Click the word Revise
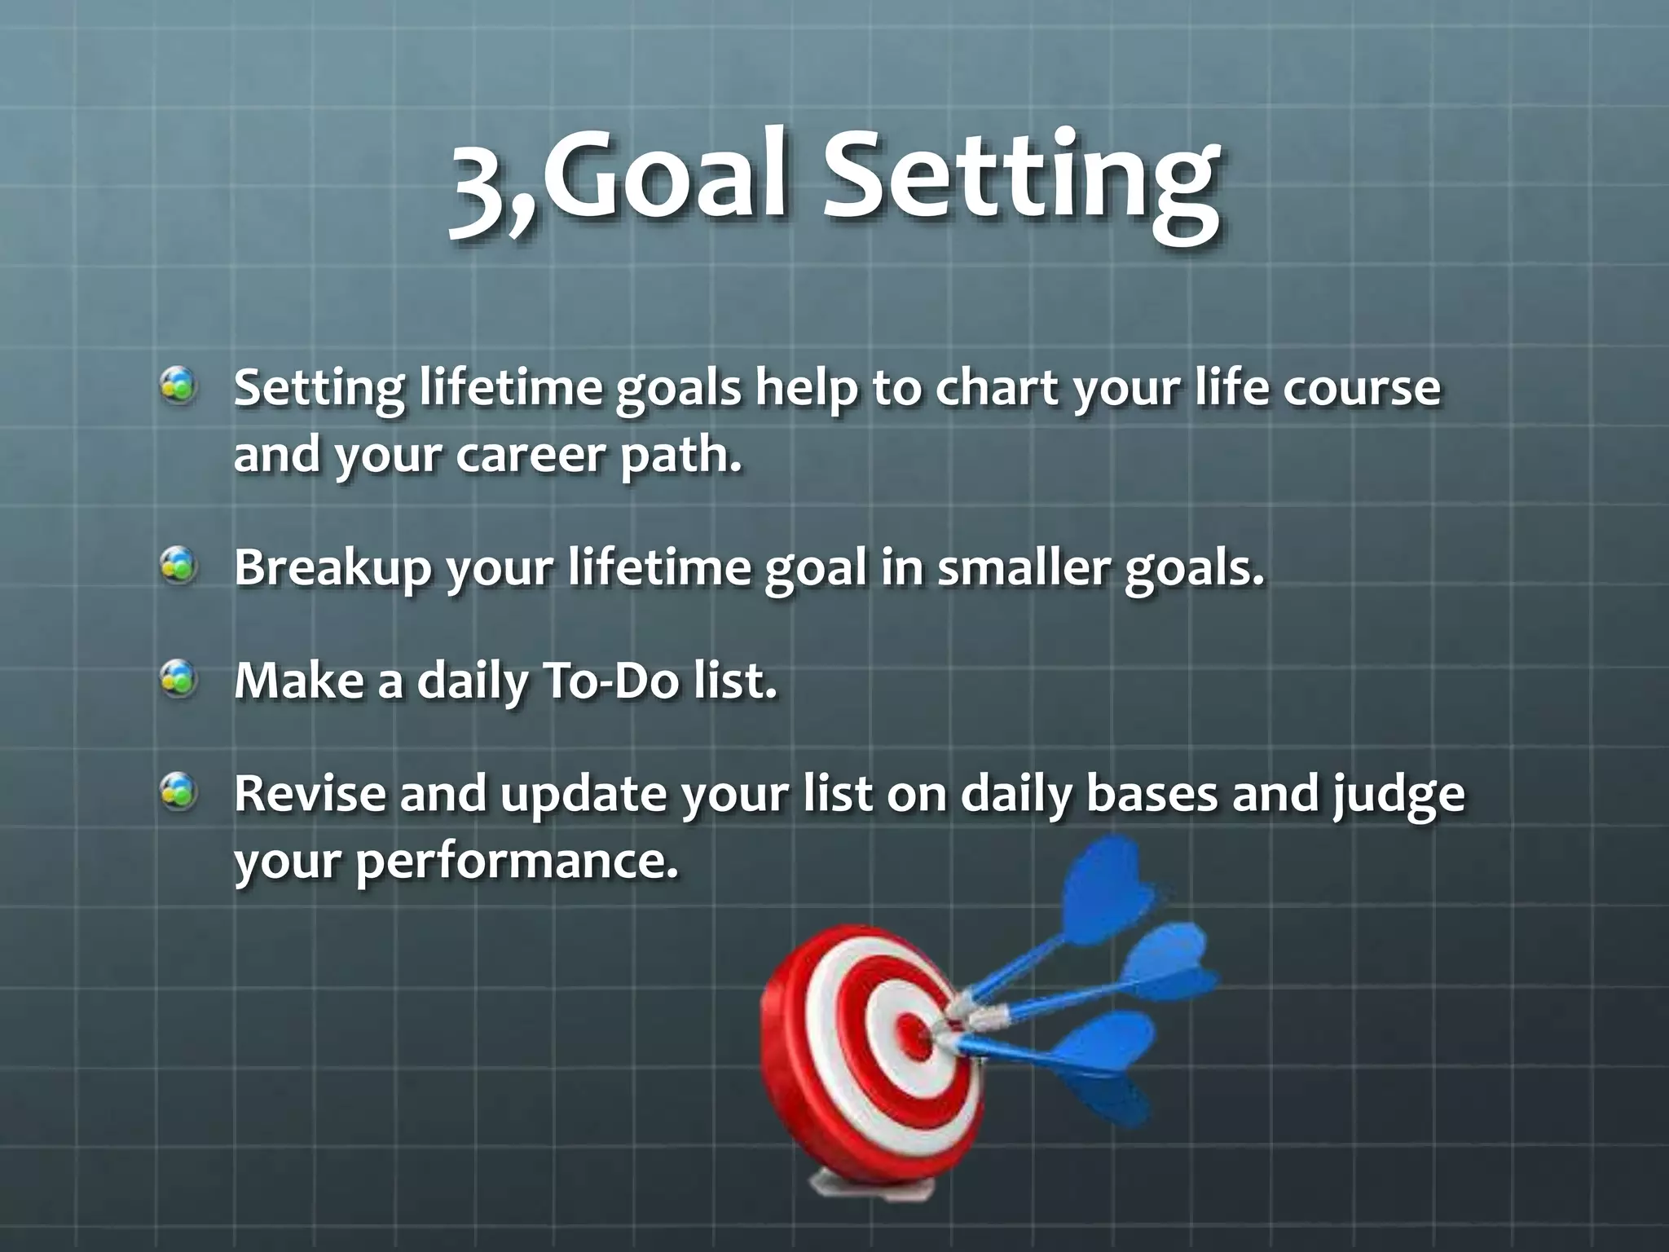(x=310, y=793)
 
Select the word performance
(x=517, y=861)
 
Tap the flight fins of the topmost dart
(x=1108, y=897)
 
